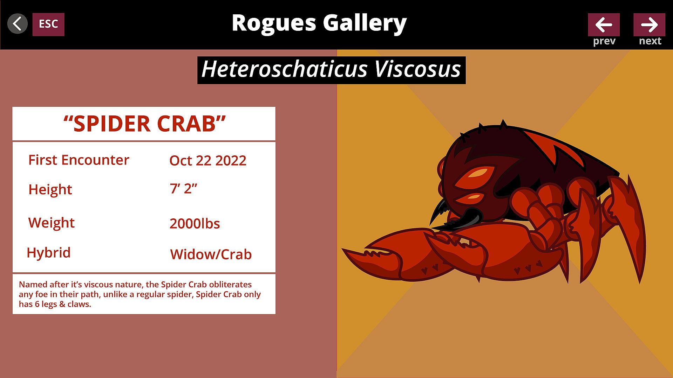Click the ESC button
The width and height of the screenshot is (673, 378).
click(48, 24)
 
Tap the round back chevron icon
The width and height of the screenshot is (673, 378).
click(18, 24)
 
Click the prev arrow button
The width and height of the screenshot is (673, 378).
click(604, 24)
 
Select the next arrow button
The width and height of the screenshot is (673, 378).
click(649, 24)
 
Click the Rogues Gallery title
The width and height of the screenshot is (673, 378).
click(319, 23)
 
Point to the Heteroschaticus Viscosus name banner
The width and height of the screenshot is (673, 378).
click(331, 70)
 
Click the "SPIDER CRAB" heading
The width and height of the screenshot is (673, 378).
click(144, 124)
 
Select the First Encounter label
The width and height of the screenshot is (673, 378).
click(79, 160)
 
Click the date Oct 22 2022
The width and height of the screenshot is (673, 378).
click(208, 161)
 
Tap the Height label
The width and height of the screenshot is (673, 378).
click(50, 190)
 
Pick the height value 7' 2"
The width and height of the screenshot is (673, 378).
click(183, 189)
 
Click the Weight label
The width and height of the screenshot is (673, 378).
click(52, 223)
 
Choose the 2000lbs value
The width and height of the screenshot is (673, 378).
click(195, 224)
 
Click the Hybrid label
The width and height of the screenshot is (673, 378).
click(49, 253)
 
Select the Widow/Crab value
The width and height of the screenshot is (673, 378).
click(211, 254)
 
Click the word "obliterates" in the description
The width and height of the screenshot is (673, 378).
click(230, 284)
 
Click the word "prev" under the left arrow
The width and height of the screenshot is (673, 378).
click(604, 41)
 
